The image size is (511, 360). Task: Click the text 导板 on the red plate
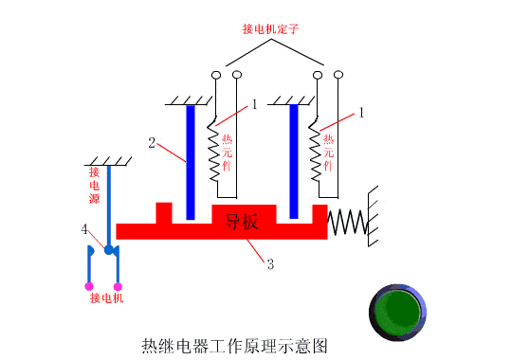(x=242, y=223)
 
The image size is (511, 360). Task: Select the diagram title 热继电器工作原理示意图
(x=234, y=345)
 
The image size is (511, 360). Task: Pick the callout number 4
(x=84, y=230)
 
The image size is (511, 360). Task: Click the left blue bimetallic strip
(x=192, y=160)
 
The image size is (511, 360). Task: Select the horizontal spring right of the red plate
(x=347, y=223)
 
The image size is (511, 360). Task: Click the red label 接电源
(x=94, y=186)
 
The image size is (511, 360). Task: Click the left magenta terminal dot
(x=88, y=285)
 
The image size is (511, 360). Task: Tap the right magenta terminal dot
(x=119, y=285)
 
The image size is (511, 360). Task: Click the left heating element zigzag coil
(x=215, y=152)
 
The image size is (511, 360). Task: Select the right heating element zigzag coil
(x=318, y=152)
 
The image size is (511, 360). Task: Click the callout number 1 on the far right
(x=360, y=113)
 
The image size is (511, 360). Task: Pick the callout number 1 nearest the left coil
(x=255, y=105)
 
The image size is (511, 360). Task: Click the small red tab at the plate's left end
(x=164, y=212)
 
